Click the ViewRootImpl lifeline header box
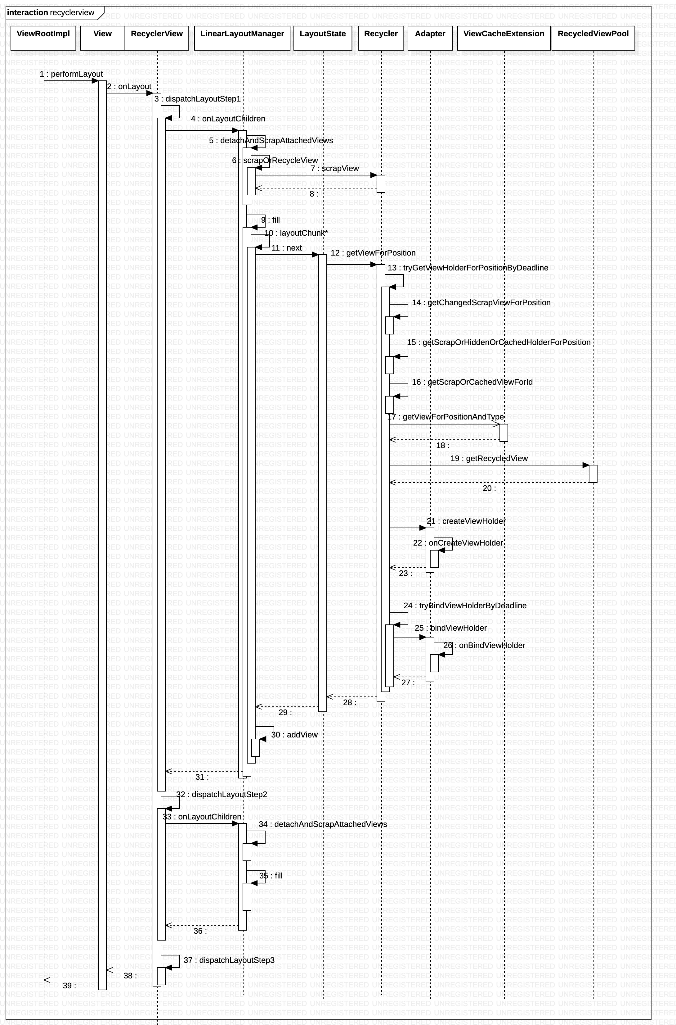click(43, 38)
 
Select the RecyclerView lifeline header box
click(156, 38)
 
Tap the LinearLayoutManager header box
click(242, 38)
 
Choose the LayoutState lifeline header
click(322, 38)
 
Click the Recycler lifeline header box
click(381, 38)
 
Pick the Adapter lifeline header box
click(430, 38)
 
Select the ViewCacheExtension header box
click(504, 38)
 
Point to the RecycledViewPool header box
click(593, 38)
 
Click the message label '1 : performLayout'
click(71, 74)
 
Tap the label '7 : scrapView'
click(334, 169)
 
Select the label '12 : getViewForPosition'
click(373, 253)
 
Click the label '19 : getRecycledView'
click(489, 459)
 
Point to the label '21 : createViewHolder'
click(466, 521)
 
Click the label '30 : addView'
click(294, 735)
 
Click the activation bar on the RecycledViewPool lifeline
click(593, 474)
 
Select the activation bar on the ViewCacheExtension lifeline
click(504, 433)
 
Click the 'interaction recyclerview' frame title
click(51, 12)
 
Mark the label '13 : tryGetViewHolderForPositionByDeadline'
click(468, 268)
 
